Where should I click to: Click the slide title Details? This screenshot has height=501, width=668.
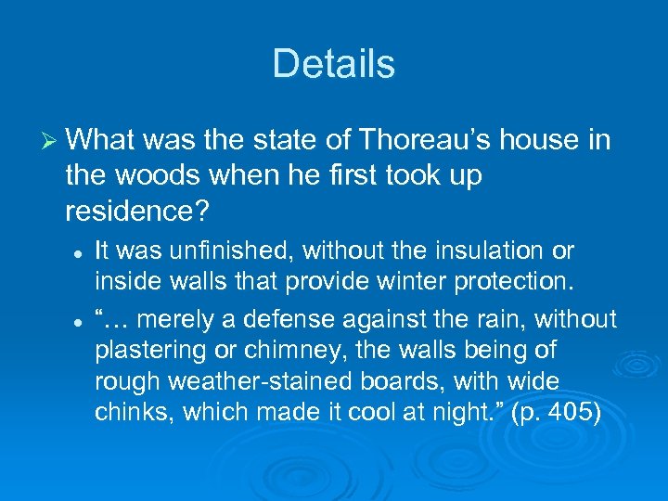coord(334,64)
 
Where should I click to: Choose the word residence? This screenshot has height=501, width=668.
coord(135,211)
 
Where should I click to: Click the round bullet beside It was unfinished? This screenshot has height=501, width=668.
coord(81,250)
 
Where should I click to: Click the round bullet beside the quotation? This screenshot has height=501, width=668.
coord(81,319)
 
